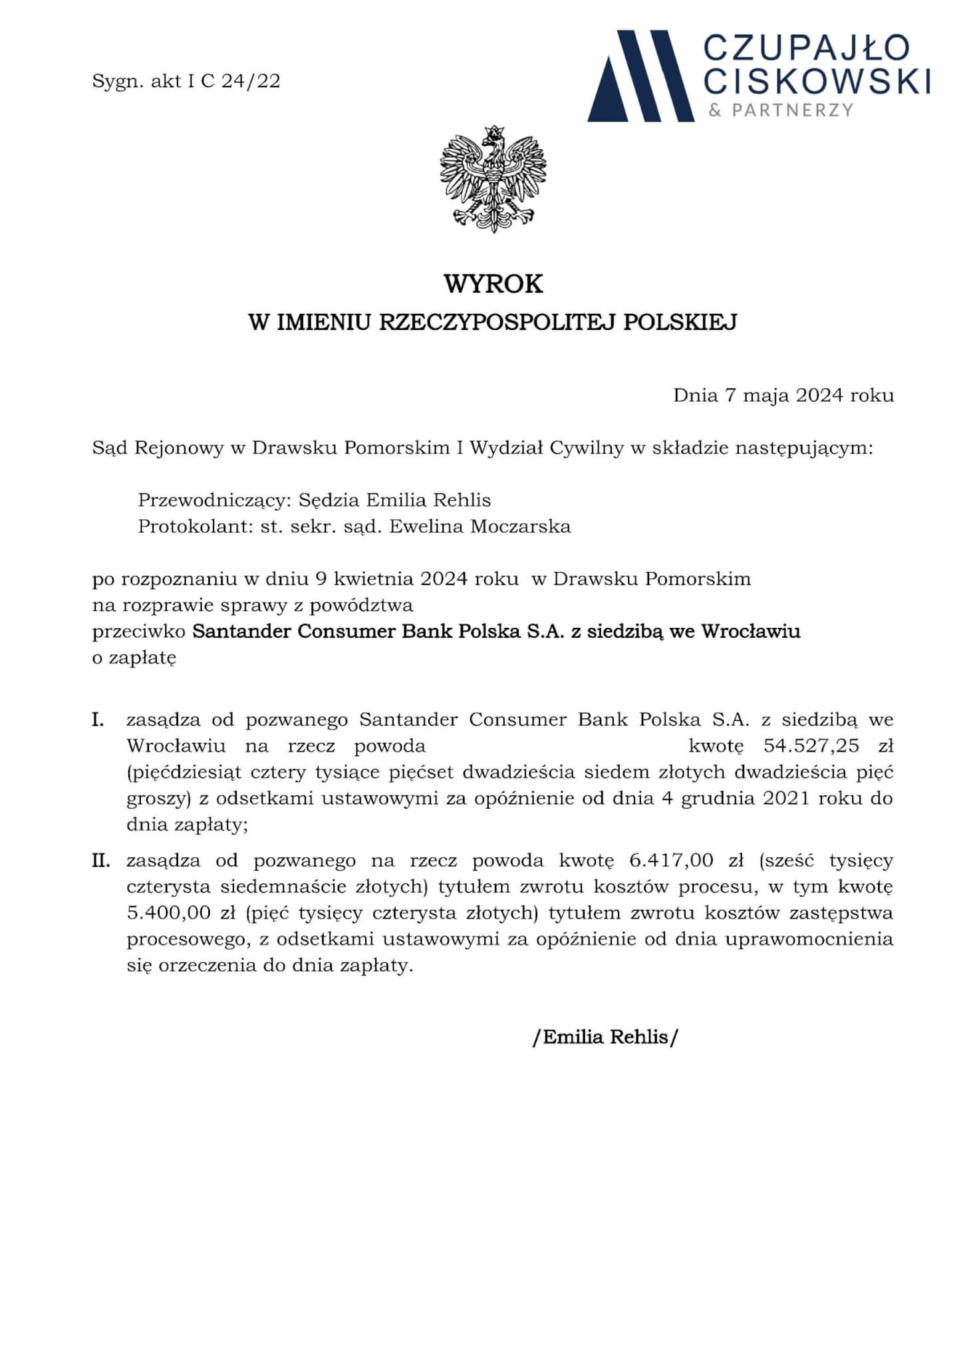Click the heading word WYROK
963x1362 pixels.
pos(493,284)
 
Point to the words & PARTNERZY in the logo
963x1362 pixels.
pos(780,110)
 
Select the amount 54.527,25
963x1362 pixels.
pos(811,746)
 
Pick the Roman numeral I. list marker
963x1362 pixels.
pos(98,720)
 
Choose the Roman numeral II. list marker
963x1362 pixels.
pos(101,861)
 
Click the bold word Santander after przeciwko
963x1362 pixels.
pos(242,631)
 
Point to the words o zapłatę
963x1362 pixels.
pos(134,658)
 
